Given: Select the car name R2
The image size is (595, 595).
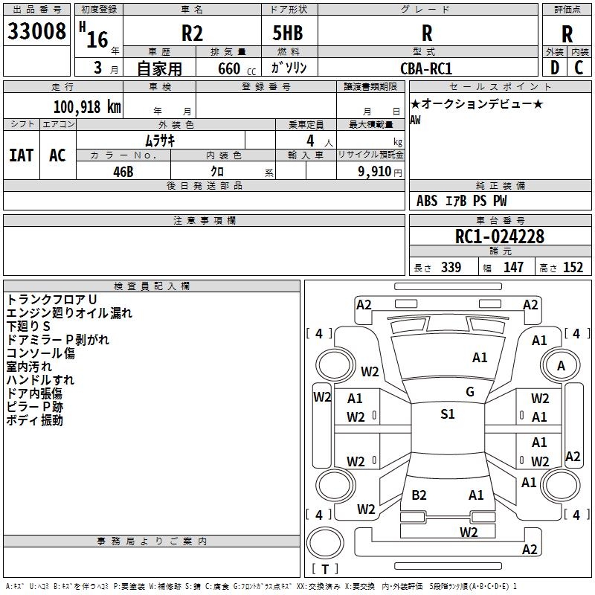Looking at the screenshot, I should tap(193, 33).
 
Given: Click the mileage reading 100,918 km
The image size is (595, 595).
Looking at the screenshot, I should tap(87, 106).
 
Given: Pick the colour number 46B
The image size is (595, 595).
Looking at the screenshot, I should tap(123, 171).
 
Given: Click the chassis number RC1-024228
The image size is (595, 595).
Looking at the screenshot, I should tap(500, 237).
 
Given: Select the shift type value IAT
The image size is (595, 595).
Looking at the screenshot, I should tap(21, 155).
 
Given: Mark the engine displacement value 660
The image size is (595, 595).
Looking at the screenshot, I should tap(228, 69).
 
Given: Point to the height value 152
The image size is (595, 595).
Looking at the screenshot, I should tap(573, 268).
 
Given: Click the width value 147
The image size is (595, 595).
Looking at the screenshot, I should tap(513, 268).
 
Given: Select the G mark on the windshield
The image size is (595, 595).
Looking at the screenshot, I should tap(470, 392).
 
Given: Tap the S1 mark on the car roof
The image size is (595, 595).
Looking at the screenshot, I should tap(447, 414).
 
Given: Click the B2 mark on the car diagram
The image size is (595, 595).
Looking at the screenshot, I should tap(419, 495).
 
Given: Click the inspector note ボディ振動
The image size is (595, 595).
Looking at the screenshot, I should tap(35, 420).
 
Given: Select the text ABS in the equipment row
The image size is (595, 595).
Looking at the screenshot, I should tap(427, 201).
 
